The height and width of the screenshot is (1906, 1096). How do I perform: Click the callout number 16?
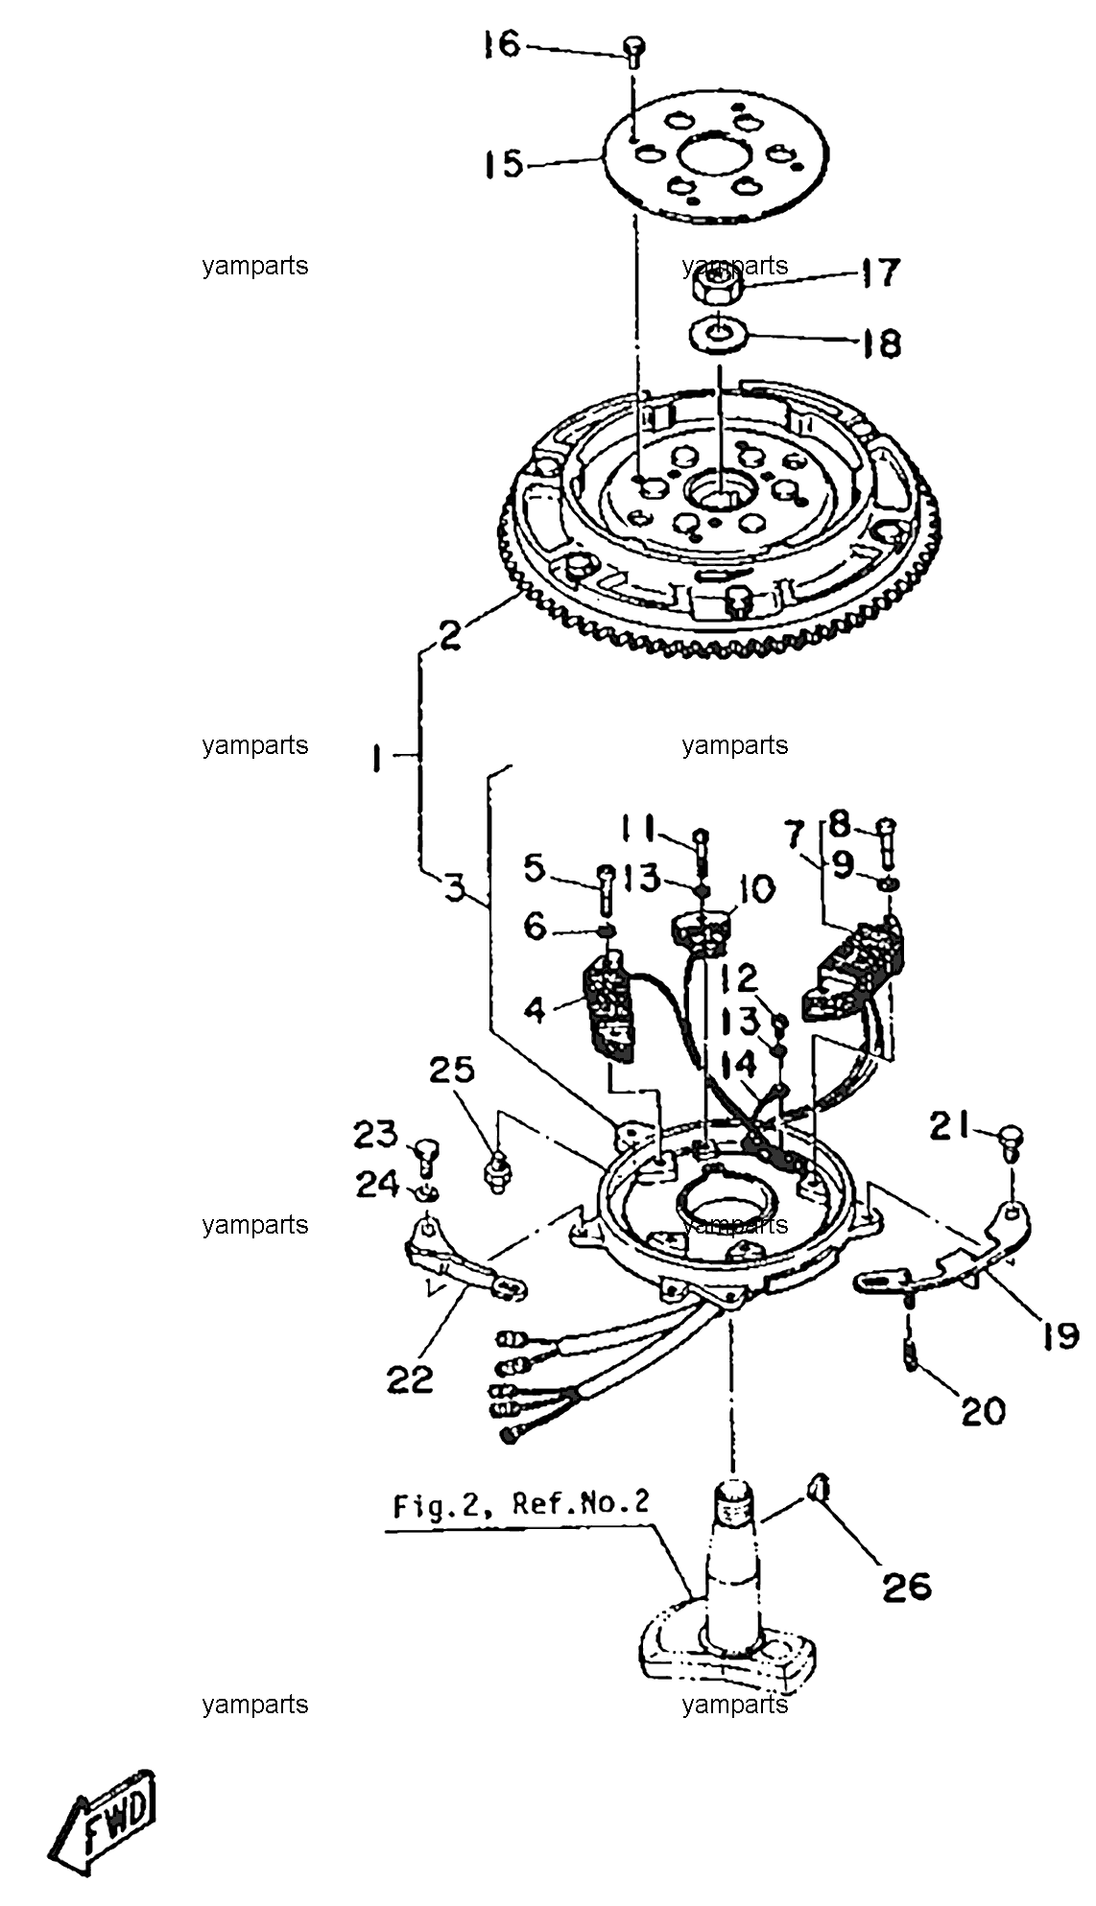pos(500,44)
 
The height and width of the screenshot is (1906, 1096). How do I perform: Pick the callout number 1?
pos(377,760)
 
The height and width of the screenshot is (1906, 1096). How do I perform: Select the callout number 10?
pos(756,889)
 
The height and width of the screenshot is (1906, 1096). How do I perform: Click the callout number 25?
pos(452,1070)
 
